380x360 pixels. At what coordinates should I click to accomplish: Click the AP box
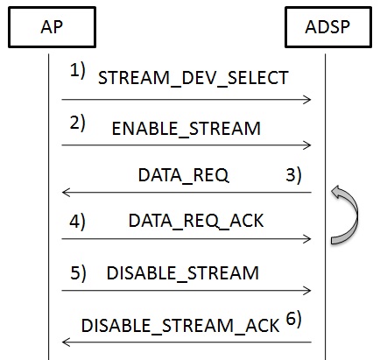52,27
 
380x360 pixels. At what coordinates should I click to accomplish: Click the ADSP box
328,27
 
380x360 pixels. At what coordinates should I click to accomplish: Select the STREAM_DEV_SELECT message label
194,78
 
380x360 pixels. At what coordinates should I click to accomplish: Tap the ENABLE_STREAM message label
186,129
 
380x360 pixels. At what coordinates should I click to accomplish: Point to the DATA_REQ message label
183,175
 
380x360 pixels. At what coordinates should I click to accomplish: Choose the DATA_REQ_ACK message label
196,221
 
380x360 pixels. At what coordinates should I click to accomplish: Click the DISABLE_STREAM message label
183,273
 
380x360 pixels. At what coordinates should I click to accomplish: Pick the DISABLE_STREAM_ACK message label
180,326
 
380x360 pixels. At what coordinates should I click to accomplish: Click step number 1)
78,71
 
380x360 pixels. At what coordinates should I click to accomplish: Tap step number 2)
78,123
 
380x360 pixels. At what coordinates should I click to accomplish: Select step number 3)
293,175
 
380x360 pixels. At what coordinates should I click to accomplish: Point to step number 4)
77,221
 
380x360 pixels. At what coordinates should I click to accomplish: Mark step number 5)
78,273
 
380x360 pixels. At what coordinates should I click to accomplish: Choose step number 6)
293,319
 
